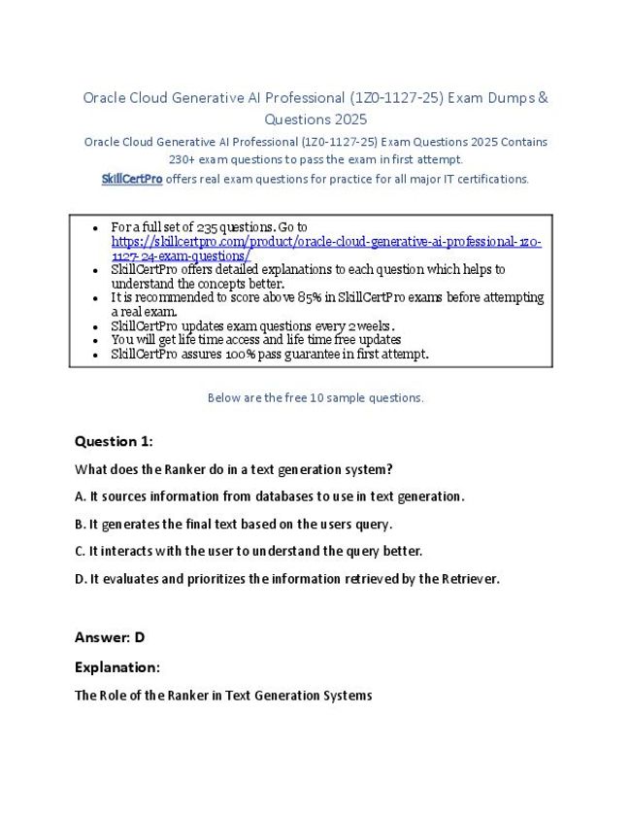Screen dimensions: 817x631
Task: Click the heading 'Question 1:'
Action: click(x=114, y=441)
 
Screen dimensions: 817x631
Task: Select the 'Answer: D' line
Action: click(x=110, y=637)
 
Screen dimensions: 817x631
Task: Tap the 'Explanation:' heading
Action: click(x=117, y=667)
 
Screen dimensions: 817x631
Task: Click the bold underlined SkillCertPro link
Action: click(x=132, y=179)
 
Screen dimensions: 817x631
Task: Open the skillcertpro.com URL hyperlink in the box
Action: click(x=326, y=242)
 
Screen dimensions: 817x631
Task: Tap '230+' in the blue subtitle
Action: click(x=183, y=159)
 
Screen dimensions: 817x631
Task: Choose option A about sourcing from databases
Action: click(x=270, y=496)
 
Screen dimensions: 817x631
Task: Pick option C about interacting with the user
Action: click(x=249, y=551)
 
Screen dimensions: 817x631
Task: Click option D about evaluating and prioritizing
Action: click(x=287, y=579)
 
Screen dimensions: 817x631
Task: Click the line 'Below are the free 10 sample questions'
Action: click(x=315, y=397)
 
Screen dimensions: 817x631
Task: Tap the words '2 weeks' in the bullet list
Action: click(x=372, y=326)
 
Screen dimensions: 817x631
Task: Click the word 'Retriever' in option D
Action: click(x=468, y=579)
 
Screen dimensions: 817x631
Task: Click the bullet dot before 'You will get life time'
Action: click(x=94, y=341)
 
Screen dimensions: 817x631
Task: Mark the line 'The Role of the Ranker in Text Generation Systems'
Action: click(x=223, y=696)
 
